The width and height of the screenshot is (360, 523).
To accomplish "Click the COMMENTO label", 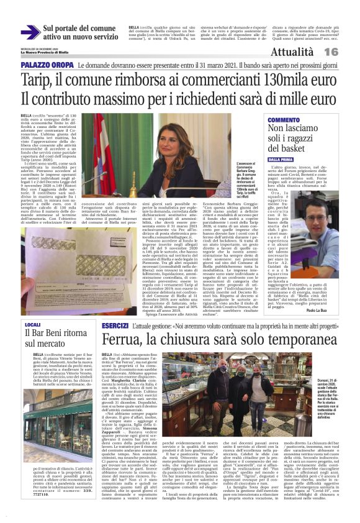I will click(283, 119).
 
